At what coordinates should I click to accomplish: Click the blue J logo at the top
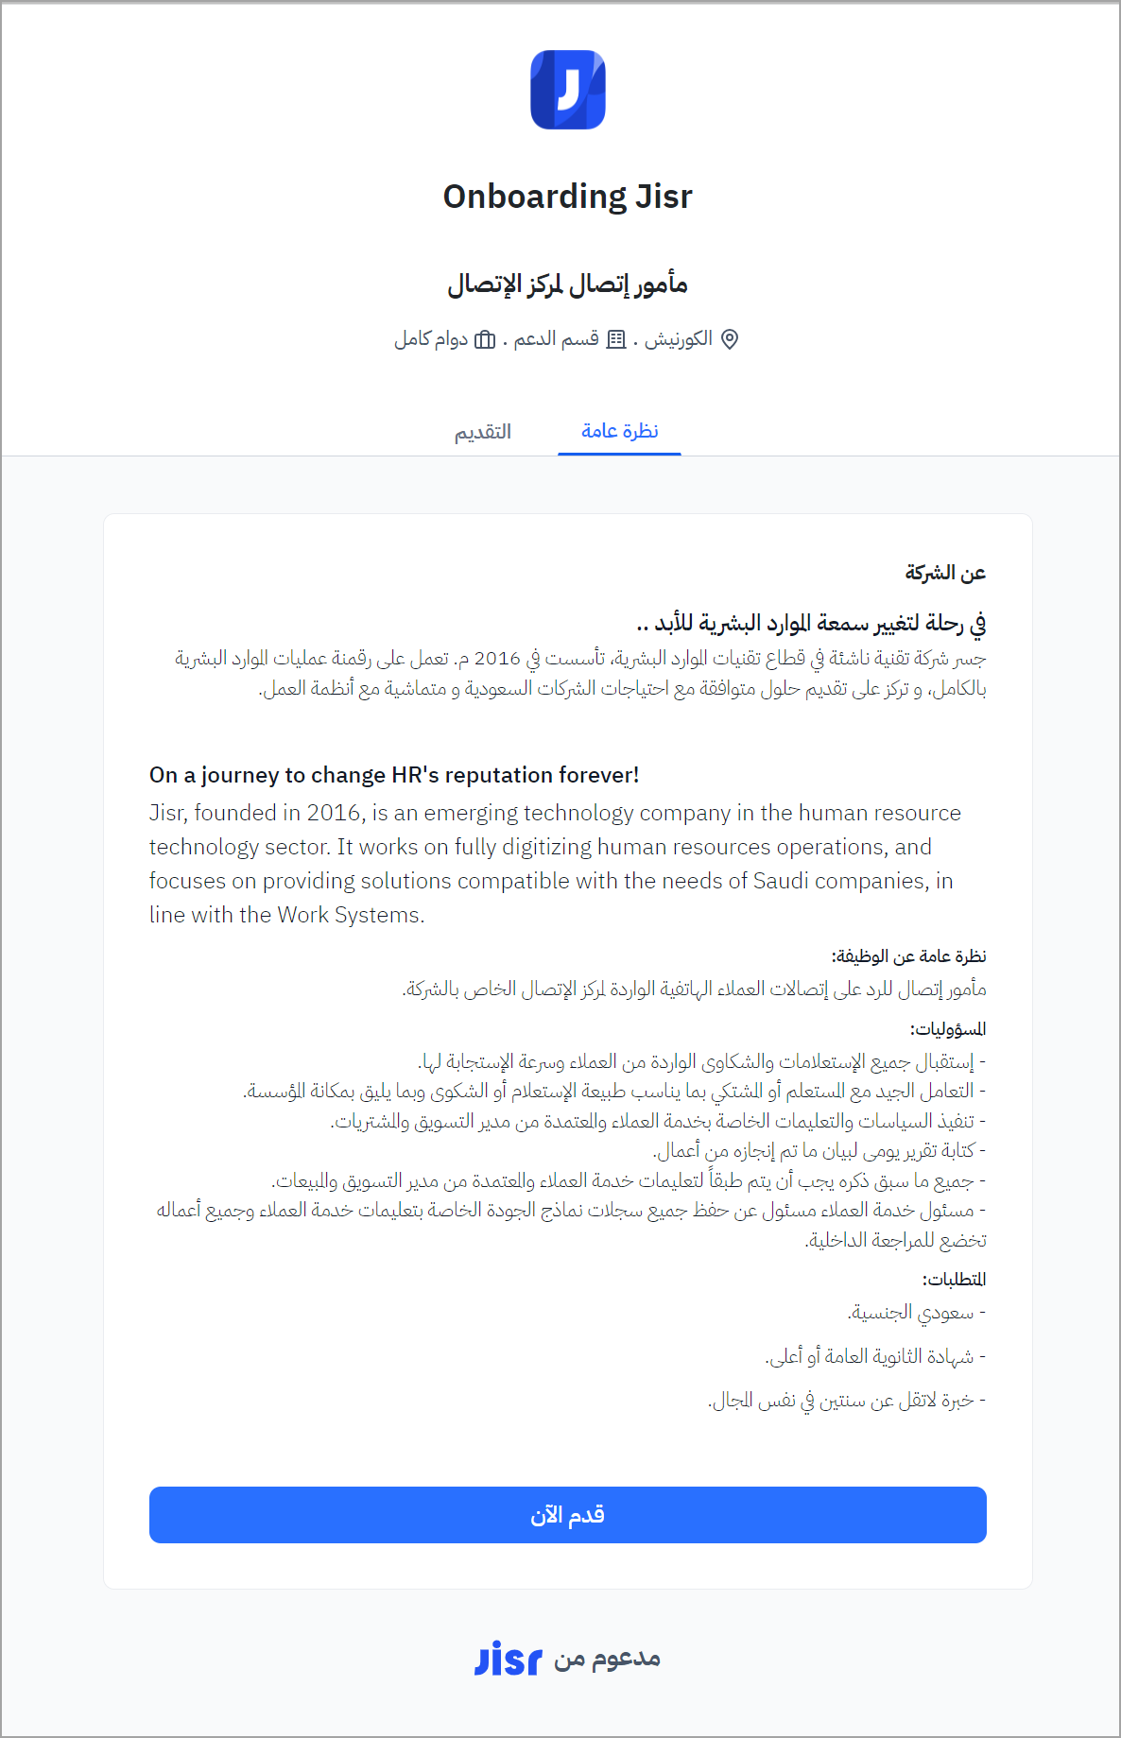point(567,90)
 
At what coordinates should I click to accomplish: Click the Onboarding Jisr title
point(567,197)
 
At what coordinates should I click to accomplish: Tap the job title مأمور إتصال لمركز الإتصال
point(567,284)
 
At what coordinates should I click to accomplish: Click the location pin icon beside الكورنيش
point(730,339)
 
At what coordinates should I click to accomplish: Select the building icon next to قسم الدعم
point(616,339)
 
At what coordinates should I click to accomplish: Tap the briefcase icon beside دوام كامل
point(485,339)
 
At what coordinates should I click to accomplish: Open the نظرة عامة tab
point(619,431)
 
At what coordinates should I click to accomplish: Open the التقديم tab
point(483,432)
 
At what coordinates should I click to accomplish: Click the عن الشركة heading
point(944,573)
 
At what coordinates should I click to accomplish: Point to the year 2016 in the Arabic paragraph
point(497,658)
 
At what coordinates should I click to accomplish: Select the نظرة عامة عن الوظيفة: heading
point(908,956)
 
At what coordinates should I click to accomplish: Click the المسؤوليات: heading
point(947,1029)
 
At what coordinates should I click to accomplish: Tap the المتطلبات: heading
point(954,1280)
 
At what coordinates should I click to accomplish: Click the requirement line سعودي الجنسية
point(913,1313)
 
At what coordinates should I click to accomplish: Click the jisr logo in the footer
point(509,1659)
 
